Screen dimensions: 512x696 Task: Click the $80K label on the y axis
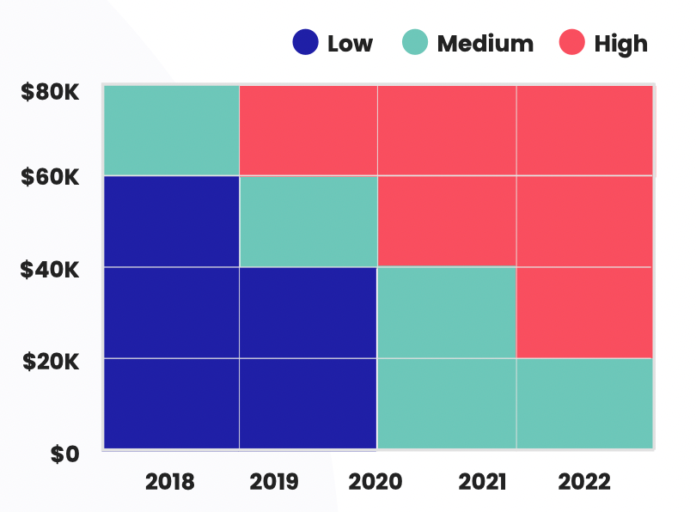(x=50, y=90)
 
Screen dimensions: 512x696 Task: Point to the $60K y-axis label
(x=50, y=178)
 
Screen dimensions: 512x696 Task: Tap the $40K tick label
(x=50, y=270)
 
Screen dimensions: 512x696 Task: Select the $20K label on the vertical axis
(x=50, y=361)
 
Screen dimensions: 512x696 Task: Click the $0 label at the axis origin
(x=64, y=454)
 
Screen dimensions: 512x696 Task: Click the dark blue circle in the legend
(x=306, y=42)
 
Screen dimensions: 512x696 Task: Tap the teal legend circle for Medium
(x=415, y=42)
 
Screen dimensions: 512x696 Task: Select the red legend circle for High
(x=571, y=42)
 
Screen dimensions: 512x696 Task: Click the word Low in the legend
(x=350, y=43)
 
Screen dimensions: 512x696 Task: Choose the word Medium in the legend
(x=485, y=43)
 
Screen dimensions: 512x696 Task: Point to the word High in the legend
(x=621, y=43)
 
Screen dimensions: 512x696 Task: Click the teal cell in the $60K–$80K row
(x=171, y=131)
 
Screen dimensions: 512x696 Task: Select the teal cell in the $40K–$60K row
(x=308, y=222)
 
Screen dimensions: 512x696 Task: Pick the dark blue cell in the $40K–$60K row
(x=171, y=222)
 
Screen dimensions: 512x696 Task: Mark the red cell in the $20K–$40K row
(x=585, y=313)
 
